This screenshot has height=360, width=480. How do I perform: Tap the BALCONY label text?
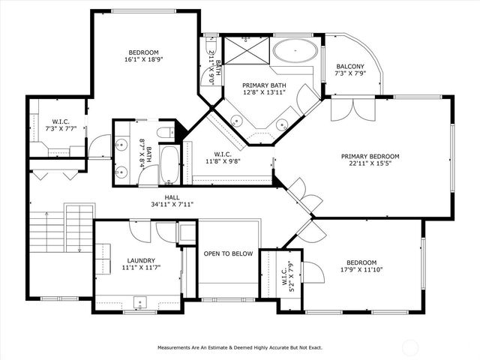click(x=350, y=66)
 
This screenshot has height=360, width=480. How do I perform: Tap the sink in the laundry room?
click(x=139, y=303)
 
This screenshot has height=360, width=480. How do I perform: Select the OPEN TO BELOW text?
click(x=228, y=253)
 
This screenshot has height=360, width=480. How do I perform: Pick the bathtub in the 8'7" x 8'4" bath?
click(x=170, y=164)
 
